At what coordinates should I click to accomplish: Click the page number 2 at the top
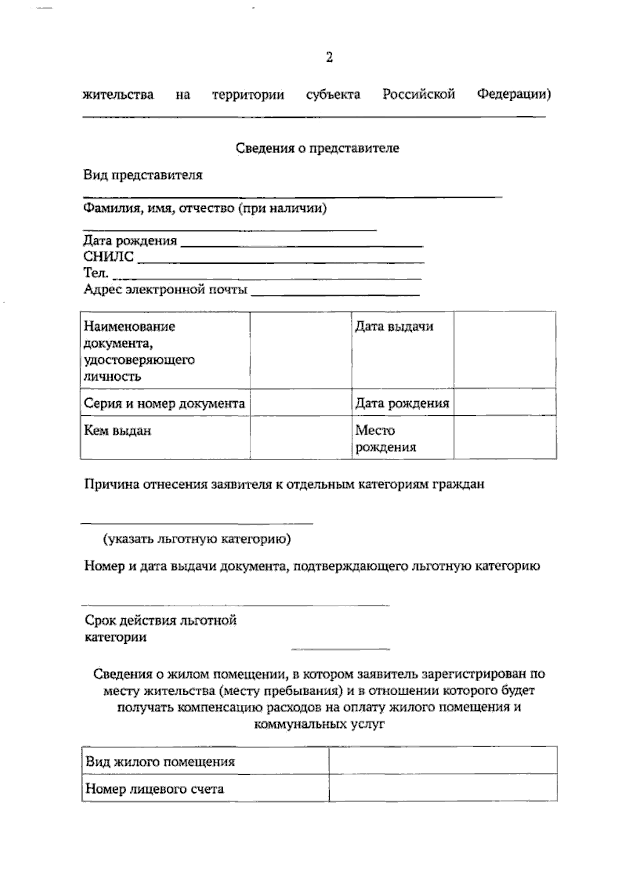pos(329,57)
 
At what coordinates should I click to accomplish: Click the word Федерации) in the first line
pos(514,94)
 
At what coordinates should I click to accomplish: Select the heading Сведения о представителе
pos(317,148)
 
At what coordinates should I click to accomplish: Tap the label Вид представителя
pos(143,175)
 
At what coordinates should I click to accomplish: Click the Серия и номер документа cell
pos(164,403)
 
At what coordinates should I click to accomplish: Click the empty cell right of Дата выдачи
pos(505,350)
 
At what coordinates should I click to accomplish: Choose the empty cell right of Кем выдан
pos(301,437)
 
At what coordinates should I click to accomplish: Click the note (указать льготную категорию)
pos(197,539)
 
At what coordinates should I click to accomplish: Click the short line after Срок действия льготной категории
pos(340,647)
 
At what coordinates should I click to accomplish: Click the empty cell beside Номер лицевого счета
pos(443,789)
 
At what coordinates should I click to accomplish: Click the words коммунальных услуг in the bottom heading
pos(319,724)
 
